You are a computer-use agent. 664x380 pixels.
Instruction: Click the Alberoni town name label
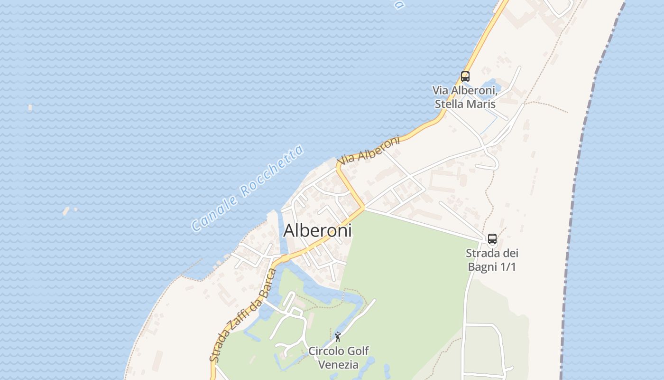click(x=317, y=230)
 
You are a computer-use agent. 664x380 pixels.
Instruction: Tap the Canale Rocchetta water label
click(x=247, y=189)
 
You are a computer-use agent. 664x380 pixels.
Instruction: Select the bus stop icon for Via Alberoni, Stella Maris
click(x=465, y=76)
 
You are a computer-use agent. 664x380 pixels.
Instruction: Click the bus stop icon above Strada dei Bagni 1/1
click(x=492, y=239)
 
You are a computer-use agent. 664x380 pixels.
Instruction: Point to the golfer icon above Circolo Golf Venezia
click(x=338, y=337)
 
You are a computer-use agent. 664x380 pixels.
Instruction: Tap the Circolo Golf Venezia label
click(x=338, y=358)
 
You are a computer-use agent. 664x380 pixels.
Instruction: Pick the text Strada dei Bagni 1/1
click(x=492, y=259)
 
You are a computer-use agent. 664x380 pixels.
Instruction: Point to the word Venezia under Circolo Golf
click(x=338, y=365)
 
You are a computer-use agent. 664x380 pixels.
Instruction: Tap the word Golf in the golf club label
click(x=358, y=351)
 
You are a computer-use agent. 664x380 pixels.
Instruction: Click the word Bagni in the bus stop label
click(x=482, y=266)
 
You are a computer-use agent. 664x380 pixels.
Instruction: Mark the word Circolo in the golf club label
click(x=326, y=351)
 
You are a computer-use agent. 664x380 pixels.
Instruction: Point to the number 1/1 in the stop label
click(x=507, y=266)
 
